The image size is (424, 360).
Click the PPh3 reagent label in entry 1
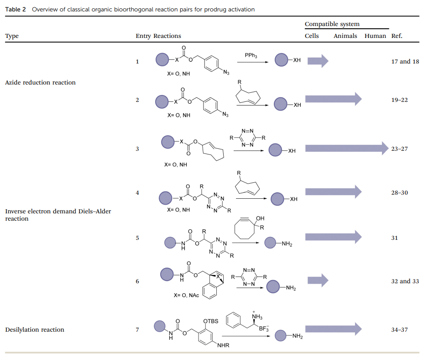[x=251, y=56]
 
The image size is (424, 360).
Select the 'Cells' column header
[x=312, y=36]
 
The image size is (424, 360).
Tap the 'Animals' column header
[x=345, y=36]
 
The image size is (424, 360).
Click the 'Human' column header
[x=375, y=36]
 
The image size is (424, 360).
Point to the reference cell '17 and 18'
[x=405, y=61]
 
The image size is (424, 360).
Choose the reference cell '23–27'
[x=399, y=149]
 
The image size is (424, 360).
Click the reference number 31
[x=394, y=238]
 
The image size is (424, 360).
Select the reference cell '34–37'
[x=399, y=329]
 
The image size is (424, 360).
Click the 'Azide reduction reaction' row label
[x=40, y=82]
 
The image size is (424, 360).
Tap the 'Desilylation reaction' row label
[x=34, y=329]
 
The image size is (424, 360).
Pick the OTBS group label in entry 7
[x=211, y=321]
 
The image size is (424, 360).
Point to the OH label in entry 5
[x=260, y=219]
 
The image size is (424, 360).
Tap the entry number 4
[x=137, y=192]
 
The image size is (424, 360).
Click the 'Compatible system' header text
[x=332, y=24]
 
